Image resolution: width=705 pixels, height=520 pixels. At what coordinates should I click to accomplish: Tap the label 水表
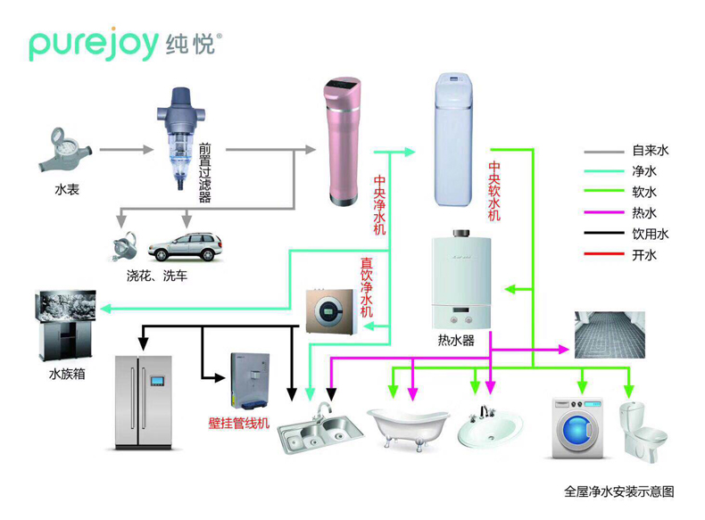[x=66, y=189]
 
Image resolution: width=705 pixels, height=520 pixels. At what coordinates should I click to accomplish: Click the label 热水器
[x=456, y=341]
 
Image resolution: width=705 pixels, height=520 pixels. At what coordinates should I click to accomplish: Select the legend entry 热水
[x=643, y=213]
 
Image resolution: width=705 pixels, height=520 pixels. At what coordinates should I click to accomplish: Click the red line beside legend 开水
[x=603, y=256]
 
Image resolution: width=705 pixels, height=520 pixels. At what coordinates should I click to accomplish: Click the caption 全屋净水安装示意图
[x=618, y=491]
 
